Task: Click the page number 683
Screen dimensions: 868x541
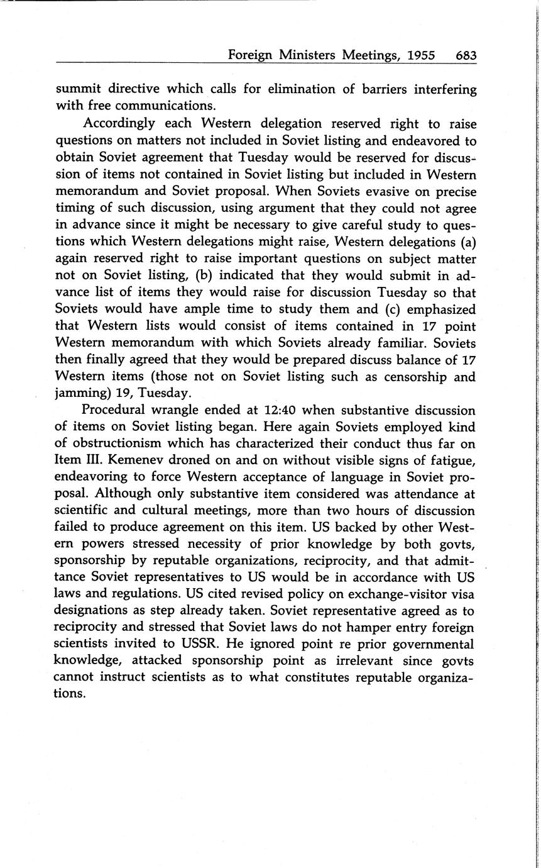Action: (x=466, y=55)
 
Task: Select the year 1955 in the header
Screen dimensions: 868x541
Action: (x=421, y=55)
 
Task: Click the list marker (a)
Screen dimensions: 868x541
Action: (x=467, y=242)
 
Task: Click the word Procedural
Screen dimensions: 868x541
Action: (x=120, y=411)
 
